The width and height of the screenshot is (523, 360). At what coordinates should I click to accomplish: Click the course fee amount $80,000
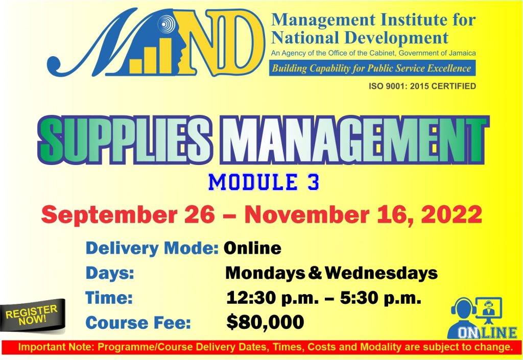(x=265, y=322)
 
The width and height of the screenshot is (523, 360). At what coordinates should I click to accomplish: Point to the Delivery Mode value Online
(x=253, y=248)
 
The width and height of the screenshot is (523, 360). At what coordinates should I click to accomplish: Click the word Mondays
(x=266, y=273)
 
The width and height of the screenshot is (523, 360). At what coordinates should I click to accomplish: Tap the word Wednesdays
(x=381, y=273)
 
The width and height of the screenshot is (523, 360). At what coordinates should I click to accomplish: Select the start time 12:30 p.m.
(x=270, y=298)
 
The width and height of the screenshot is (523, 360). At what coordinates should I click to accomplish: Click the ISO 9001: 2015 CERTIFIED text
(x=422, y=86)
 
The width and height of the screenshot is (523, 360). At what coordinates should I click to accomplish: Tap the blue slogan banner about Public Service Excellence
(x=372, y=68)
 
